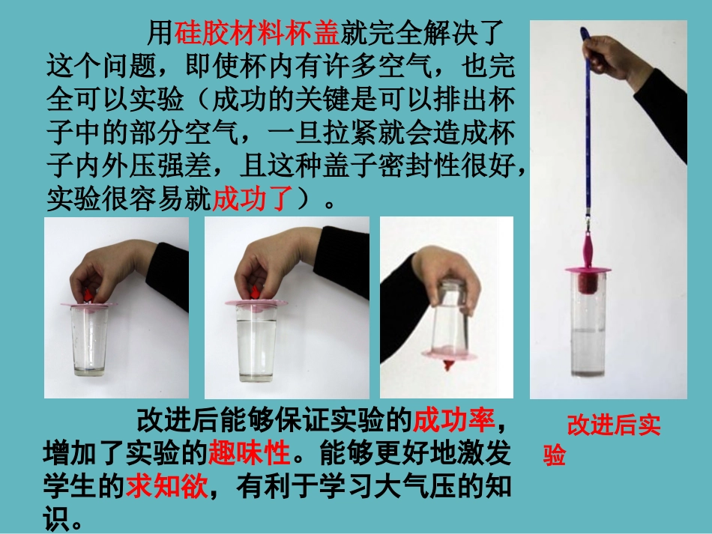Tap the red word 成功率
coord(454,420)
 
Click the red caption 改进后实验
coord(613,426)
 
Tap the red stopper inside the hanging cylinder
coord(587,283)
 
